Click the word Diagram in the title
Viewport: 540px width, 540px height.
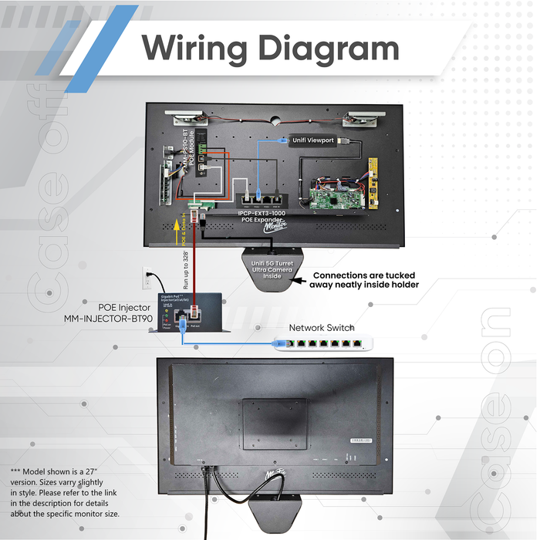pyautogui.click(x=328, y=48)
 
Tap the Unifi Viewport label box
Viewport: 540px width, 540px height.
pyautogui.click(x=313, y=140)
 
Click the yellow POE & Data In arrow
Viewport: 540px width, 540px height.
pyautogui.click(x=181, y=230)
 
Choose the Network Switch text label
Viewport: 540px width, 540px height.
pyautogui.click(x=321, y=328)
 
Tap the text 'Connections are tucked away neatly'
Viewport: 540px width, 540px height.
pyautogui.click(x=365, y=280)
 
